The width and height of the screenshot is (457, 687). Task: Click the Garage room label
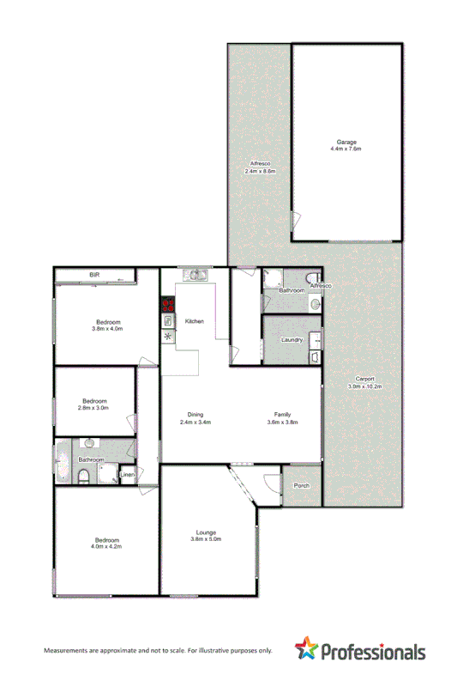click(346, 142)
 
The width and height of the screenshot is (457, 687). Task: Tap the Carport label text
click(365, 380)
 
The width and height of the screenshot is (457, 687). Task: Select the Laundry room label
click(292, 340)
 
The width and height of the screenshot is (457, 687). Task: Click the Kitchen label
click(195, 320)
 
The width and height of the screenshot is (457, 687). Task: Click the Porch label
click(301, 486)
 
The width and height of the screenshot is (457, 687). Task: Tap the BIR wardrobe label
click(95, 274)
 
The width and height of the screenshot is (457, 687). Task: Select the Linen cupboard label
click(127, 475)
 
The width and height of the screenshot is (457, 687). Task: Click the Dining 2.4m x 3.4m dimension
click(195, 423)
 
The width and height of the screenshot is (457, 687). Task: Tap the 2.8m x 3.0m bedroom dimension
click(94, 408)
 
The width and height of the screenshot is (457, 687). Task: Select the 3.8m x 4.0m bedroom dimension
click(108, 328)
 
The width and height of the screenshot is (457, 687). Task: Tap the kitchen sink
click(195, 275)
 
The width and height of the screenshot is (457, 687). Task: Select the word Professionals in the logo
click(374, 652)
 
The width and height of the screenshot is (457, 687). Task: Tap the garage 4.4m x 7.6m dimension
click(346, 149)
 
